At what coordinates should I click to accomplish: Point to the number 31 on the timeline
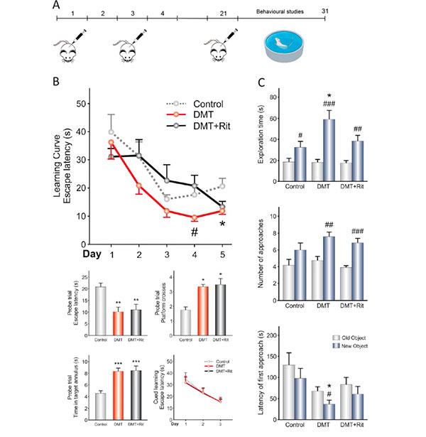click(x=324, y=14)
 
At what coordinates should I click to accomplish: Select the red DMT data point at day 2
click(x=138, y=186)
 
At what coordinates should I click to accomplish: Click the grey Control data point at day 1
click(x=110, y=131)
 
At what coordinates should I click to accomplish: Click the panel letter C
click(x=263, y=82)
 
